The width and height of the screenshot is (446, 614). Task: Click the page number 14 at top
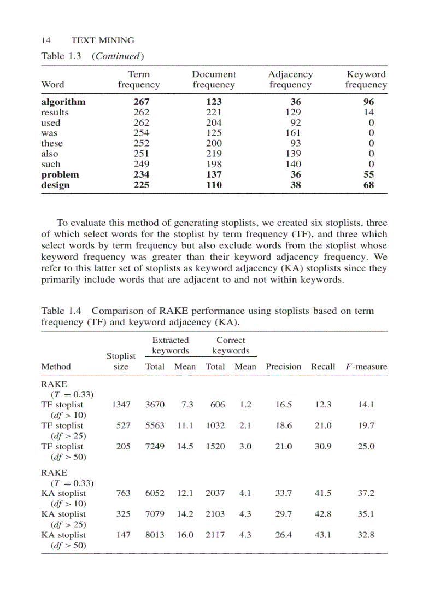46,40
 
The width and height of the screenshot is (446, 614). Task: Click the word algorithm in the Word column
63,102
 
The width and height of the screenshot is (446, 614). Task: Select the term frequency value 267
141,102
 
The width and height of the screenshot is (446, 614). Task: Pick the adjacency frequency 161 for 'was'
293,133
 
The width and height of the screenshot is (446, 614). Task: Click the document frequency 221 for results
214,112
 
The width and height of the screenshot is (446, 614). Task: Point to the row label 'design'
55,185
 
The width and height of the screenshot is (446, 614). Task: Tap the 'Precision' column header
283,366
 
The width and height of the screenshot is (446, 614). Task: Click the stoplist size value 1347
121,405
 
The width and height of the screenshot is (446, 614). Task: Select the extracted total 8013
155,535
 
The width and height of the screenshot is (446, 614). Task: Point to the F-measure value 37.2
366,493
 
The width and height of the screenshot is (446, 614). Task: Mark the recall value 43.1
323,535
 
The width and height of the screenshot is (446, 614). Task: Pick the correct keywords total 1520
215,446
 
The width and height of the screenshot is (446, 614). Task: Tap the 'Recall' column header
323,366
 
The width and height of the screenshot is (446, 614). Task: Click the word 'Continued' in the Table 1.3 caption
118,56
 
